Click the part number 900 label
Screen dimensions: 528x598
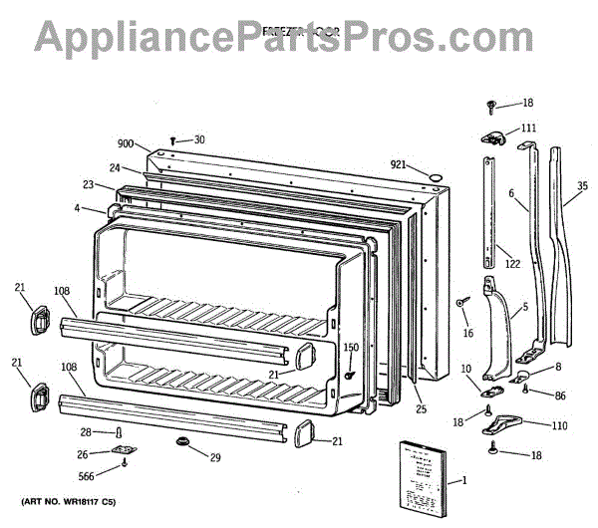coord(127,144)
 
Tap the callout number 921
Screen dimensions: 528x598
coord(399,164)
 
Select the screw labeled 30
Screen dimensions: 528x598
coord(173,141)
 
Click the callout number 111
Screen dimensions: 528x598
coord(527,128)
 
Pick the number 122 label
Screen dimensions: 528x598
coord(512,264)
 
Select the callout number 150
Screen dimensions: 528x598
coord(351,347)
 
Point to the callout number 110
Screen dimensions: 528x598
coord(558,425)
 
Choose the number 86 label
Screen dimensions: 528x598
coord(560,396)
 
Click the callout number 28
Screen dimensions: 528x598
coord(86,430)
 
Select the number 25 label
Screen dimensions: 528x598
coord(421,408)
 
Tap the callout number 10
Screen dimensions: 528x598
coord(466,370)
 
